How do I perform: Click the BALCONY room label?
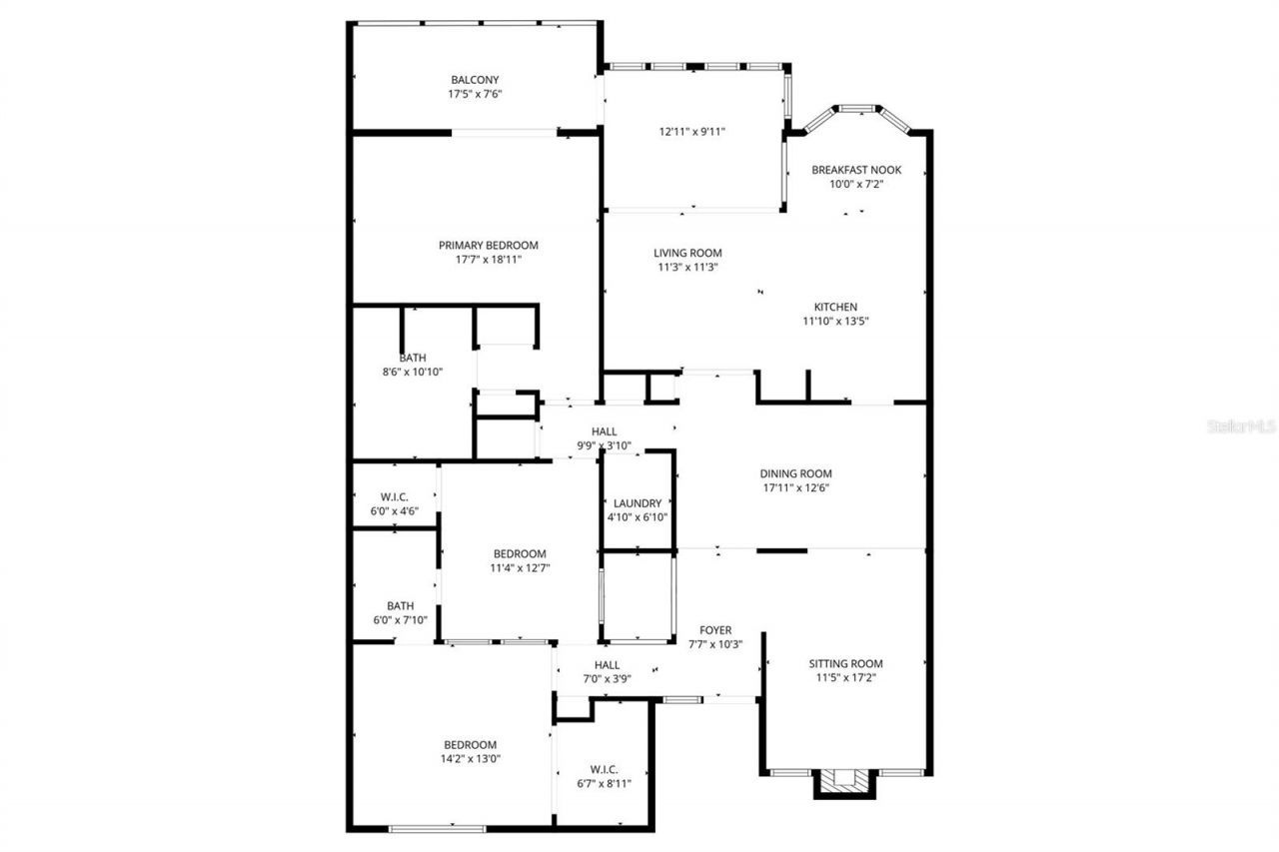[x=475, y=80]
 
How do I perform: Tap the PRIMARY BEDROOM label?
[x=489, y=245]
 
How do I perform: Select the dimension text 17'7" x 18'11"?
[x=489, y=260]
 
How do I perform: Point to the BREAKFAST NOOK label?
[x=856, y=170]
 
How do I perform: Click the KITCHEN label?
[x=835, y=307]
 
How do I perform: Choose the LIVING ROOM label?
[x=687, y=253]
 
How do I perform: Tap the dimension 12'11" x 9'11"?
[x=691, y=131]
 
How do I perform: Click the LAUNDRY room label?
[x=638, y=503]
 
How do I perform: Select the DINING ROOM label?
[x=795, y=473]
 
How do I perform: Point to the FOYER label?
[x=715, y=630]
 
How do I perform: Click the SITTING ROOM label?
[x=846, y=663]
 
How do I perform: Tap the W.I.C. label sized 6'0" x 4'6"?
[x=394, y=496]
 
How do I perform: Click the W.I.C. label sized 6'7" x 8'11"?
[x=604, y=769]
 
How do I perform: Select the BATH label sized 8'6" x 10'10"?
[x=413, y=357]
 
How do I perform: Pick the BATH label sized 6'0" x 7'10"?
[x=401, y=605]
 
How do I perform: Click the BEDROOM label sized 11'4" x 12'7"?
[x=520, y=553]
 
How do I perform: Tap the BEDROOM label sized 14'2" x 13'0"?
[x=471, y=744]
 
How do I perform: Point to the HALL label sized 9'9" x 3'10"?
[x=604, y=431]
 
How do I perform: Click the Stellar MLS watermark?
[x=1241, y=426]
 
